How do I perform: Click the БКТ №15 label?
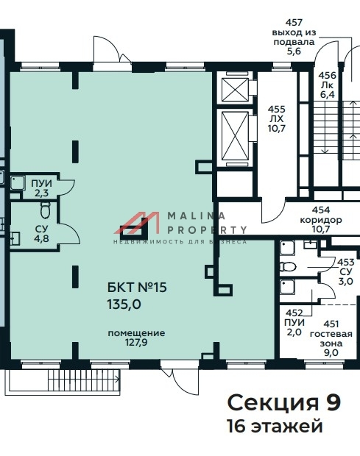(137, 288)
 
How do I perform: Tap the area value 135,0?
(124, 304)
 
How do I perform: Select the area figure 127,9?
(136, 342)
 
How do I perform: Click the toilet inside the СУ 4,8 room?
(46, 210)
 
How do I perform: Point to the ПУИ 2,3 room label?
(42, 188)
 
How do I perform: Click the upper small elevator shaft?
(235, 90)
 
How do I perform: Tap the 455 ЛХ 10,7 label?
(277, 118)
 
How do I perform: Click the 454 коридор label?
(321, 215)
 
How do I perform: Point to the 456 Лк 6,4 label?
(327, 85)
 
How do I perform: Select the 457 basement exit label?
(294, 37)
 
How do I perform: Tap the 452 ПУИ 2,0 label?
(294, 323)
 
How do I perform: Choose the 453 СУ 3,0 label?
(346, 271)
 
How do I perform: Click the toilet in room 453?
(288, 266)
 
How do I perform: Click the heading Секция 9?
(283, 402)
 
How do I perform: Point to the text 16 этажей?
(275, 427)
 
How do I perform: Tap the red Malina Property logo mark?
(137, 223)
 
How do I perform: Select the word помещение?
(136, 333)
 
